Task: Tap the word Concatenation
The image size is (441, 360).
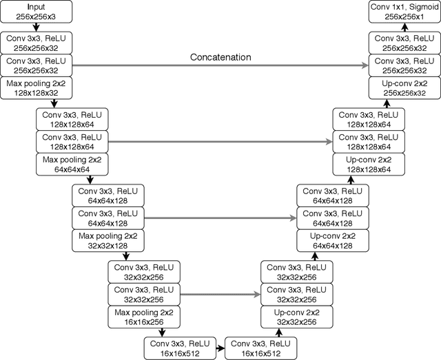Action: click(x=220, y=57)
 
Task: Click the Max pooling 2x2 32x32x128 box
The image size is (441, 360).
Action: click(x=107, y=240)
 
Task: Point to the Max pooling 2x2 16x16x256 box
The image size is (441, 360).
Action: click(x=144, y=317)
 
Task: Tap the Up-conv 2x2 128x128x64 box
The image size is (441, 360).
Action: click(x=369, y=164)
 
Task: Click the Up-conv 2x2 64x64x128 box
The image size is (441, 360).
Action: click(x=332, y=240)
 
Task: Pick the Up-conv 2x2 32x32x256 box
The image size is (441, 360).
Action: click(x=296, y=317)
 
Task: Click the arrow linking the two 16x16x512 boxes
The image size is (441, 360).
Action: click(x=220, y=348)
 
